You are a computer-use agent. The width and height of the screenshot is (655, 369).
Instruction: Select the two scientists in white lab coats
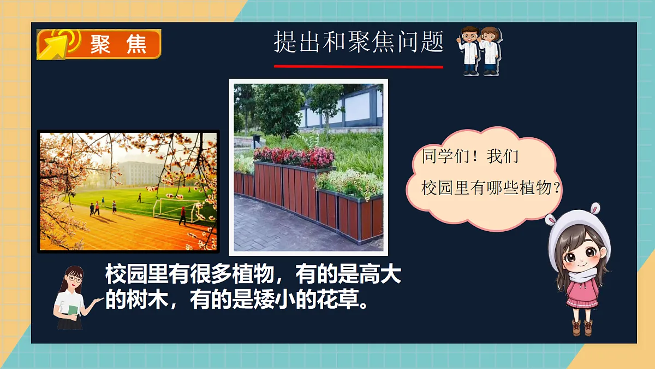[x=480, y=50]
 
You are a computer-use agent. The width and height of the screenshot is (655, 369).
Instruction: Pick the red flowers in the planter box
[x=295, y=156]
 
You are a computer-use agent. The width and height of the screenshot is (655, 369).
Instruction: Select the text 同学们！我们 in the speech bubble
[x=462, y=157]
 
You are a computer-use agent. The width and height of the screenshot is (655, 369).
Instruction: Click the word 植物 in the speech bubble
[x=537, y=189]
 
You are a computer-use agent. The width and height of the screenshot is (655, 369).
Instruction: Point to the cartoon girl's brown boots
[x=582, y=327]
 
